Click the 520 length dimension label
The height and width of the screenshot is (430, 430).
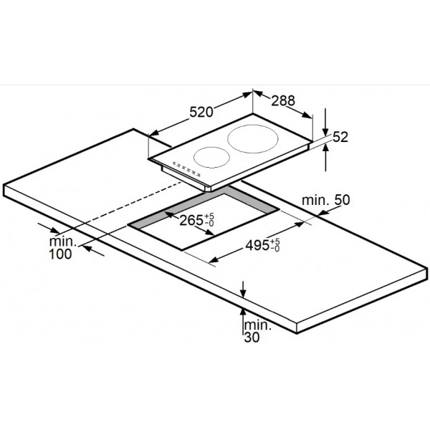point(201,113)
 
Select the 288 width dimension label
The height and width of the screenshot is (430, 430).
point(283,100)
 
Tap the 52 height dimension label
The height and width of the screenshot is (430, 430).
point(340,137)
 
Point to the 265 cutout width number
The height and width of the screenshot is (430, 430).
point(191,220)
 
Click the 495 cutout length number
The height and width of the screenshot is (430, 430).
point(257,245)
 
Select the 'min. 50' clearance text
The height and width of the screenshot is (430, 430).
point(326,200)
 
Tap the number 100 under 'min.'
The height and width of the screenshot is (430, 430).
point(60,254)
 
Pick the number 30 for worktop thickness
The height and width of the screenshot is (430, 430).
point(252,338)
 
